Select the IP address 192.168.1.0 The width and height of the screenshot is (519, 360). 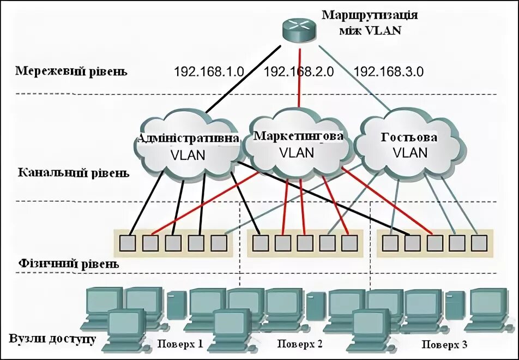209,71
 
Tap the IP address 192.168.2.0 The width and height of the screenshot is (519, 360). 298,71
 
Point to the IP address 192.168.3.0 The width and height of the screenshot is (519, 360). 389,71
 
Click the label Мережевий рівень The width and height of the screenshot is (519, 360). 71,71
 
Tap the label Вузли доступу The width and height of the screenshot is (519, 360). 52,339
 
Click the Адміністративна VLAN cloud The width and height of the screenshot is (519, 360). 188,146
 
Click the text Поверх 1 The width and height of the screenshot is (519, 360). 180,344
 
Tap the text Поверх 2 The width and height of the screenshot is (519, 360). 300,344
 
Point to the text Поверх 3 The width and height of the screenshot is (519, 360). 444,344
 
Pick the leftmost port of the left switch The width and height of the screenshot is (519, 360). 128,242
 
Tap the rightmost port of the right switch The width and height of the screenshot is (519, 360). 478,242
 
